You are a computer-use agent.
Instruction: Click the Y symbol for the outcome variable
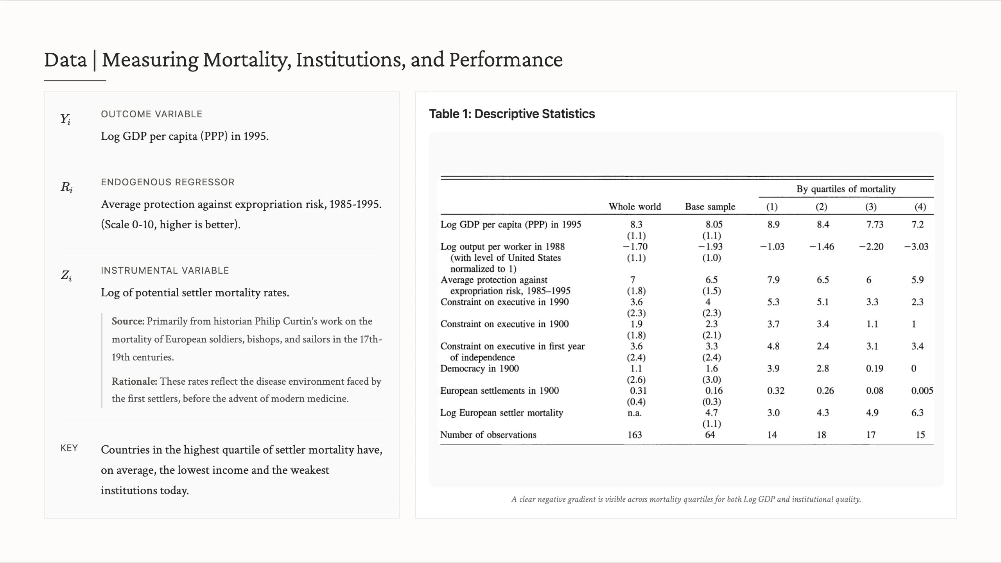pyautogui.click(x=65, y=119)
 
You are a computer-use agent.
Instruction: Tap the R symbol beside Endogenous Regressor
pyautogui.click(x=66, y=187)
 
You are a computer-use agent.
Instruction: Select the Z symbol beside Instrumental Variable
pyautogui.click(x=66, y=276)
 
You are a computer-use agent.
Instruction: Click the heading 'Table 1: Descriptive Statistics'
pyautogui.click(x=512, y=114)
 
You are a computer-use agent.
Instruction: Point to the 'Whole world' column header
pyautogui.click(x=635, y=206)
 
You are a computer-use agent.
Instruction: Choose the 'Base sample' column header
pyautogui.click(x=710, y=206)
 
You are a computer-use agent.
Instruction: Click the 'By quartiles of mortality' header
pyautogui.click(x=846, y=189)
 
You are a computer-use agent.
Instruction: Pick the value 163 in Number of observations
pyautogui.click(x=635, y=435)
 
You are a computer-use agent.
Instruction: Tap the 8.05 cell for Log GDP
pyautogui.click(x=714, y=224)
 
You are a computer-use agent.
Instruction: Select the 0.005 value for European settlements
pyautogui.click(x=922, y=391)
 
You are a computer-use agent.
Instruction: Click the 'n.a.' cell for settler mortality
pyautogui.click(x=635, y=413)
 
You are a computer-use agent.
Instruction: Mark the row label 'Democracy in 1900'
pyautogui.click(x=479, y=368)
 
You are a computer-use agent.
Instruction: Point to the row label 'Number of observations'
pyautogui.click(x=488, y=435)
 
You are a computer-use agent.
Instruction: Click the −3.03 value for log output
pyautogui.click(x=916, y=247)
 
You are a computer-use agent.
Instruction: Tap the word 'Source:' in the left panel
pyautogui.click(x=128, y=321)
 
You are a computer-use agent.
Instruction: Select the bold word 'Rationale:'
pyautogui.click(x=135, y=381)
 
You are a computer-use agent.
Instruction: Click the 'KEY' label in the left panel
pyautogui.click(x=69, y=448)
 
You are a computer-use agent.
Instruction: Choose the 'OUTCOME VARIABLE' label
pyautogui.click(x=152, y=114)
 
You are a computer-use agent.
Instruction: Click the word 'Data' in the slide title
pyautogui.click(x=65, y=60)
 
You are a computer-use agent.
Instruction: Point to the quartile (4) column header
pyautogui.click(x=920, y=206)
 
